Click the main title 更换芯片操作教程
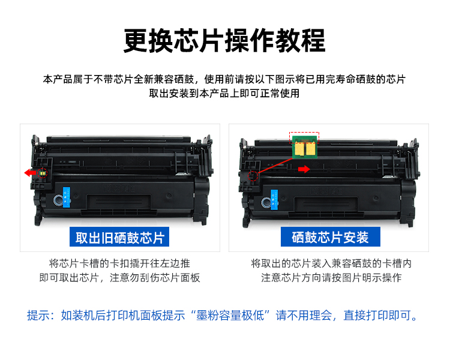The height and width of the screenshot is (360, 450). [x=224, y=40]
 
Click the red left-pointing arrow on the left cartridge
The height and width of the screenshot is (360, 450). [x=30, y=173]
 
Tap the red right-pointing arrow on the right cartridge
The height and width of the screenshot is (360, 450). [x=304, y=169]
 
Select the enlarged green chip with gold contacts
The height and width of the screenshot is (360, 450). [x=304, y=147]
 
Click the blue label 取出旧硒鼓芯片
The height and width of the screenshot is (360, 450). [x=119, y=237]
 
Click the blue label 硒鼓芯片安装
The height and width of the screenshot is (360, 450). [x=331, y=237]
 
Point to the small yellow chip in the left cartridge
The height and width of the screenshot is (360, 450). [x=43, y=173]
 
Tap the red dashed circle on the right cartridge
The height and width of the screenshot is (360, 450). [x=253, y=176]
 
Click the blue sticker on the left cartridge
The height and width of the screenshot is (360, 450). [x=66, y=197]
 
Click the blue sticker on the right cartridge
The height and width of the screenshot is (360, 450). [x=274, y=200]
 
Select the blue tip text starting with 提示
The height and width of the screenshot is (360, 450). [x=222, y=316]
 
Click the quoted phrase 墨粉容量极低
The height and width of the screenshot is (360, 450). [x=230, y=316]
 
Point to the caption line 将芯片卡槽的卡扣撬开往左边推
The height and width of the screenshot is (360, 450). [x=119, y=263]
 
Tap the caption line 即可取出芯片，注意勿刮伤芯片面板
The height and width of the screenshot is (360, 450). [x=119, y=278]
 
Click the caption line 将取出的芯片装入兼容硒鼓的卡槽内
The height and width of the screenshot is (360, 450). [x=331, y=263]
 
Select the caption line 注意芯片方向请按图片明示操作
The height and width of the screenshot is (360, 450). [x=331, y=278]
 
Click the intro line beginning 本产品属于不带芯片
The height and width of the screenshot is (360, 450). [x=224, y=79]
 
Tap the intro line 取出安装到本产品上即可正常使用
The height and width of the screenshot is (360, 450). [x=224, y=94]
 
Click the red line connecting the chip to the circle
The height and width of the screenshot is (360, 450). [x=275, y=166]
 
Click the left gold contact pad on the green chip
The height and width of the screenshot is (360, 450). [x=299, y=149]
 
